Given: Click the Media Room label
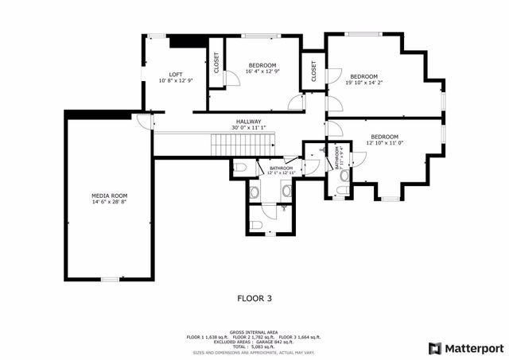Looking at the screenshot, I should tap(110, 195).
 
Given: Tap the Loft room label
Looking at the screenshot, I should tap(175, 74).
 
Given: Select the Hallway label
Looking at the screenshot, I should tap(247, 121).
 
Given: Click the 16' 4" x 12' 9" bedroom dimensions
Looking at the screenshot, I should tap(262, 72).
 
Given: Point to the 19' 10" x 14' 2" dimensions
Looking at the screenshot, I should tap(364, 81).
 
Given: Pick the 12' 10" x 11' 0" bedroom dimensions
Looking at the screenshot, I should tap(385, 143).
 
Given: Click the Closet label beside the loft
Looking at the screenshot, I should tap(215, 63).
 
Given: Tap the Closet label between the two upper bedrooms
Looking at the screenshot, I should tap(313, 72).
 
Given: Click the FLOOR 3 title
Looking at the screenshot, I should tap(254, 299).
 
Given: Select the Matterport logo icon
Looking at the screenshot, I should tap(433, 348).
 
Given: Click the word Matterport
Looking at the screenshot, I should tap(473, 348).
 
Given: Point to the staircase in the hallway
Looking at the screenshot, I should tap(242, 145).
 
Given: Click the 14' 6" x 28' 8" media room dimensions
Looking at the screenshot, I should tap(110, 203).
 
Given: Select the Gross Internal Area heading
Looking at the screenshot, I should tap(254, 331).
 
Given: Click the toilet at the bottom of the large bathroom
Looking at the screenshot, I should tap(256, 226).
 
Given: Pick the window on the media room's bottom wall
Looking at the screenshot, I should tap(110, 279).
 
